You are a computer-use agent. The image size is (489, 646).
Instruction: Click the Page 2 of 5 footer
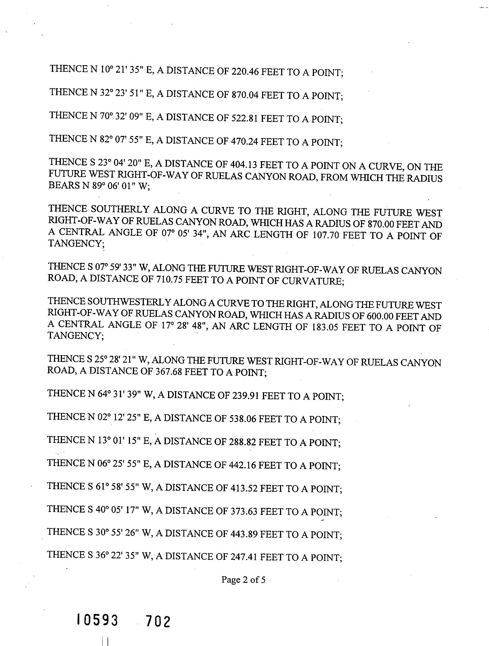point(243,579)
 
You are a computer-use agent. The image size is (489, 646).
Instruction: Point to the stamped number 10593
point(97,620)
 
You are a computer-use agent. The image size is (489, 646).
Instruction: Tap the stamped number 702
point(158,621)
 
